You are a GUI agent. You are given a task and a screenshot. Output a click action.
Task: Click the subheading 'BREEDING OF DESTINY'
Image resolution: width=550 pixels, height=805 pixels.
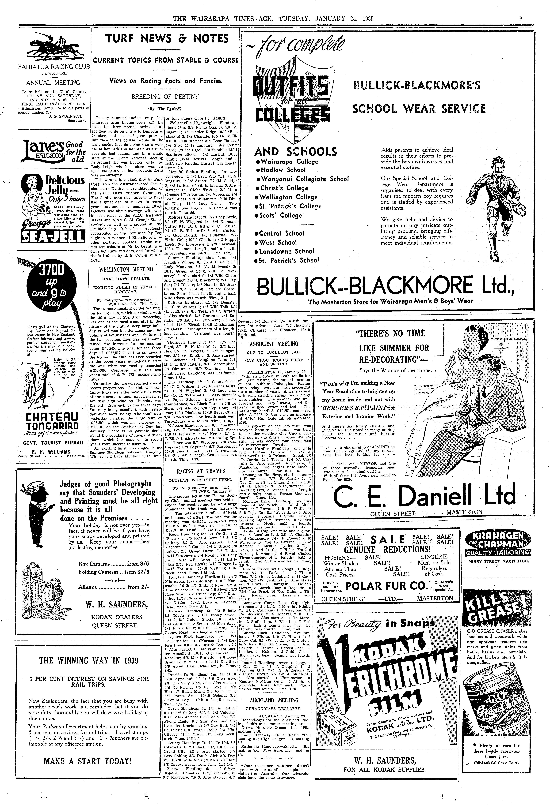[x=165, y=97]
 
